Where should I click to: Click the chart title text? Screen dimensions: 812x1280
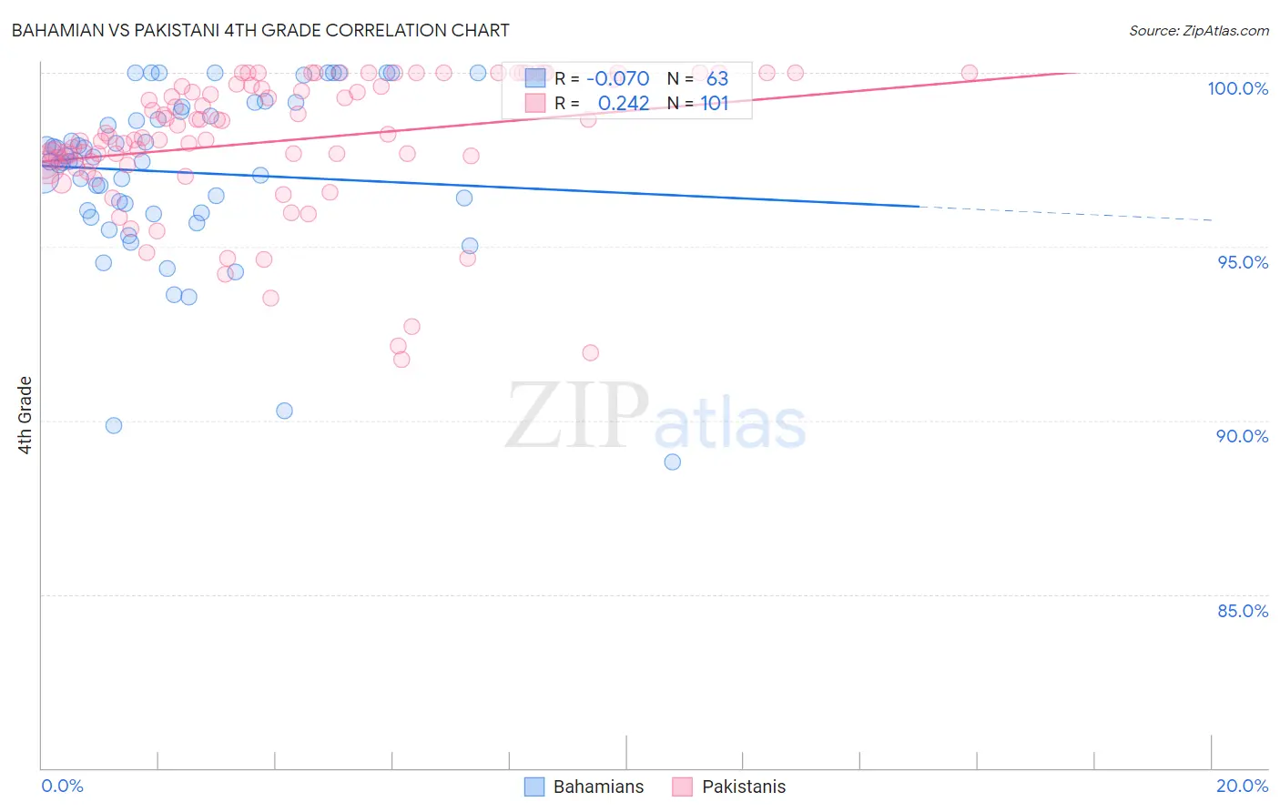pyautogui.click(x=260, y=30)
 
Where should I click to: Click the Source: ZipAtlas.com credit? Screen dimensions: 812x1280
pyautogui.click(x=1198, y=30)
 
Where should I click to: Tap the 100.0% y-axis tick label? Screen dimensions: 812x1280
pyautogui.click(x=1237, y=88)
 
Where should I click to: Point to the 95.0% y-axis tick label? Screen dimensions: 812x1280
pyautogui.click(x=1243, y=262)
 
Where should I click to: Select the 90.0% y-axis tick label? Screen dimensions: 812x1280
pyautogui.click(x=1243, y=436)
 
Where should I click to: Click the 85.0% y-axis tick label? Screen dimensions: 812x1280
pyautogui.click(x=1243, y=611)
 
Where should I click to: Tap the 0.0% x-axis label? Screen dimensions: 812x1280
pyautogui.click(x=62, y=786)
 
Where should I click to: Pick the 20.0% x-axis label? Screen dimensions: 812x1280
pyautogui.click(x=1242, y=786)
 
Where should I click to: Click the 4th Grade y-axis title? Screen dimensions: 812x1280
pyautogui.click(x=25, y=415)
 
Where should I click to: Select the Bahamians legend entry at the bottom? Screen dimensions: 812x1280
pyautogui.click(x=585, y=787)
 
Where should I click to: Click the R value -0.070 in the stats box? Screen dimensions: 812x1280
pyautogui.click(x=617, y=79)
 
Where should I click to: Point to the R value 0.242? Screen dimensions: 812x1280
pyautogui.click(x=624, y=104)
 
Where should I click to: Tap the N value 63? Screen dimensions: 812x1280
pyautogui.click(x=717, y=79)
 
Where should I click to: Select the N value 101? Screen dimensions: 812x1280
pyautogui.click(x=715, y=104)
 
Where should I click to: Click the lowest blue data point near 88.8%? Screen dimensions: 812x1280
pyautogui.click(x=673, y=462)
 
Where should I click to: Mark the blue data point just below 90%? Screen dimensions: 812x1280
pyautogui.click(x=114, y=425)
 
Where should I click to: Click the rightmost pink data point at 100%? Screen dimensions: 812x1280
pyautogui.click(x=970, y=73)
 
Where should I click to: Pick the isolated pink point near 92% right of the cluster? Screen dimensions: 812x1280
pyautogui.click(x=590, y=352)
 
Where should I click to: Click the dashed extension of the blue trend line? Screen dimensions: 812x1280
pyautogui.click(x=1065, y=213)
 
